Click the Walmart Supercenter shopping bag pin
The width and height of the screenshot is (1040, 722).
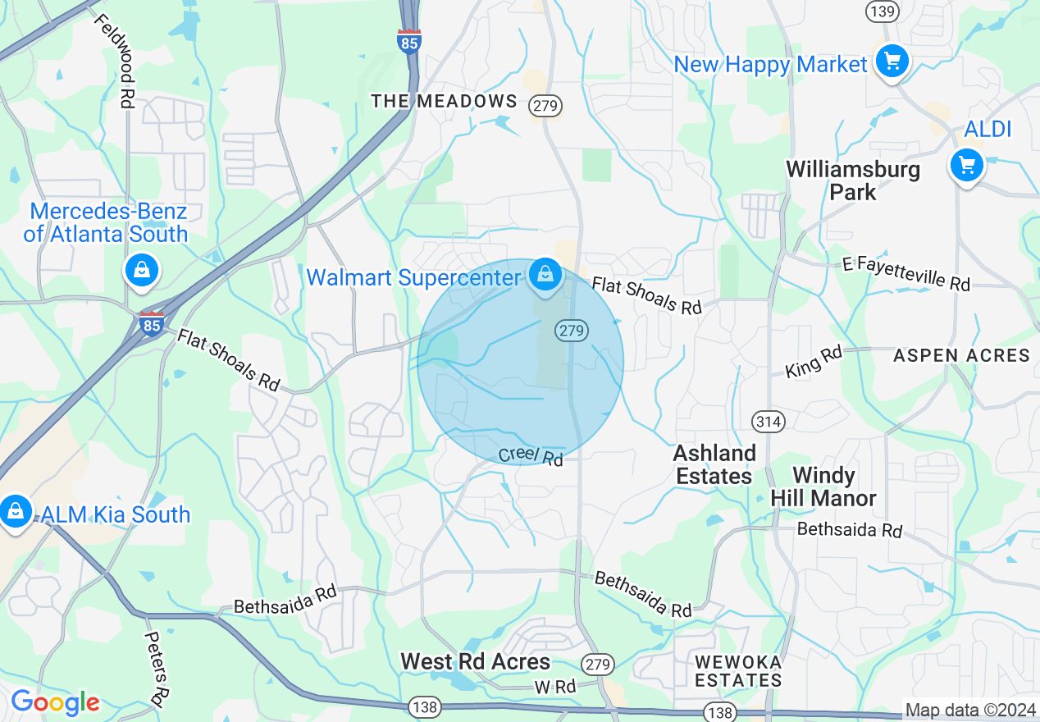(545, 275)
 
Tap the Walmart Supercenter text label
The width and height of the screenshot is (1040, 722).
(413, 277)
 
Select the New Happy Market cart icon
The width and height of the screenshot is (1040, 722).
(892, 62)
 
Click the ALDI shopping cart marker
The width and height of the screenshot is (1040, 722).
(967, 166)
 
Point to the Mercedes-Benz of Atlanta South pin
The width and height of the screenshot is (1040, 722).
(141, 269)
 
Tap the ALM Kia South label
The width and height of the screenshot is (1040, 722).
(116, 514)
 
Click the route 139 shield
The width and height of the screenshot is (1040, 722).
(881, 11)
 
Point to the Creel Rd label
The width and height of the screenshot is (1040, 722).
(531, 456)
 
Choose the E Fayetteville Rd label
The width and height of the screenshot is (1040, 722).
(906, 274)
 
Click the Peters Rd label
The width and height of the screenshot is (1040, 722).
(156, 668)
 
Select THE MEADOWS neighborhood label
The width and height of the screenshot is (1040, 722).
(444, 101)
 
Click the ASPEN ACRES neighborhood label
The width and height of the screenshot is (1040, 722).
(961, 355)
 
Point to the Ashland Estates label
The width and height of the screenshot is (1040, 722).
(714, 464)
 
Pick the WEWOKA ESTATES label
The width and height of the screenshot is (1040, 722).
(738, 670)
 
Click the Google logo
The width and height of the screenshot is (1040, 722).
(55, 702)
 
